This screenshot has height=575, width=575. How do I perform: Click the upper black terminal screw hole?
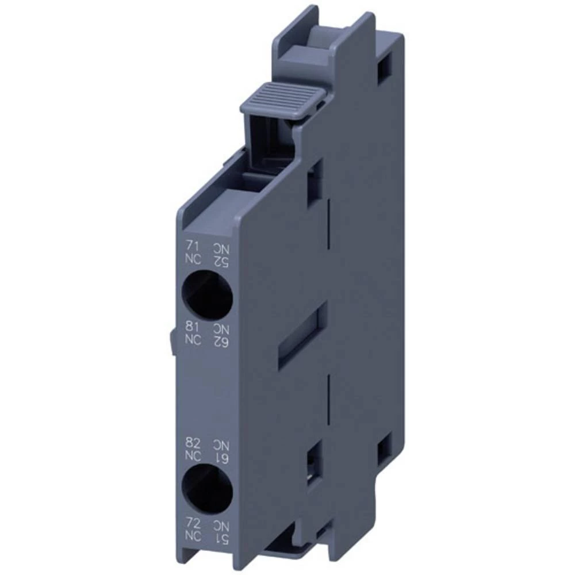208,294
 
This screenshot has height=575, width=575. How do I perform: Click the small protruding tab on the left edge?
172,342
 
